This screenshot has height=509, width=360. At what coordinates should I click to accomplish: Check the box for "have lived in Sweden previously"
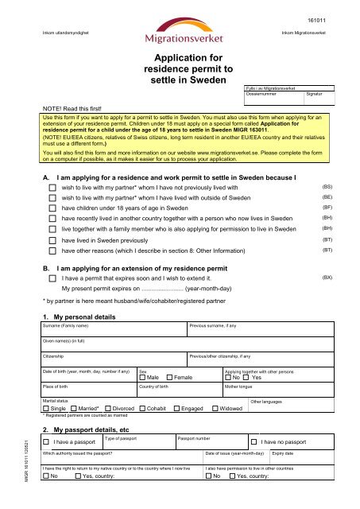pyautogui.click(x=53, y=238)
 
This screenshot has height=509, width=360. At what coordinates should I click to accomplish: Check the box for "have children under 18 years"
pyautogui.click(x=53, y=208)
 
